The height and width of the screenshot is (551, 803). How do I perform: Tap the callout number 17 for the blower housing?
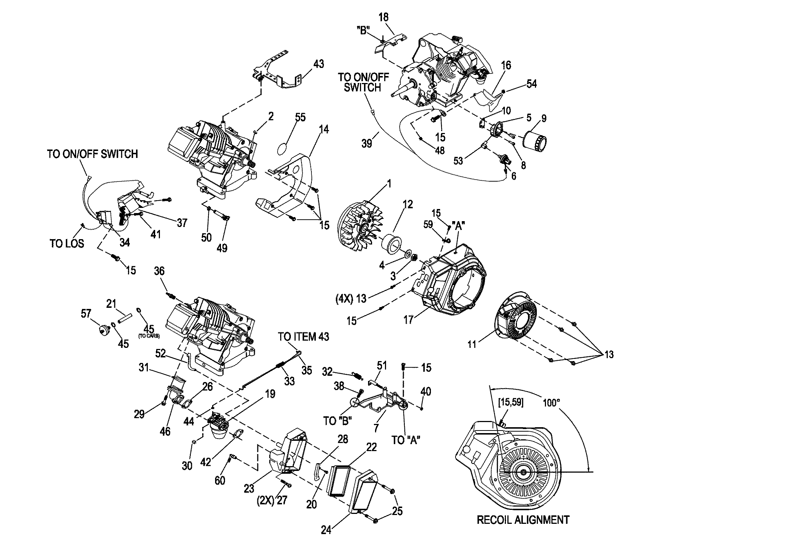pyautogui.click(x=408, y=320)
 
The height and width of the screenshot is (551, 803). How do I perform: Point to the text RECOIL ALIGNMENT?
pyautogui.click(x=523, y=520)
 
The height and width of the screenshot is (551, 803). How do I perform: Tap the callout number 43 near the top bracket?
pyautogui.click(x=318, y=64)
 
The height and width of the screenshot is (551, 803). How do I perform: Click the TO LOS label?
pyautogui.click(x=67, y=243)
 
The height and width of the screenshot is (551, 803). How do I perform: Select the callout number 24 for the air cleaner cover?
pyautogui.click(x=326, y=530)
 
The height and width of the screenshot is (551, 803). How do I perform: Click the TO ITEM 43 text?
pyautogui.click(x=303, y=336)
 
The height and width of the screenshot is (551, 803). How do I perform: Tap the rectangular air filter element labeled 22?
pyautogui.click(x=339, y=481)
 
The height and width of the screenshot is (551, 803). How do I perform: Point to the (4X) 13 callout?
pyautogui.click(x=351, y=299)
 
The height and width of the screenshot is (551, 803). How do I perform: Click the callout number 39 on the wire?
pyautogui.click(x=367, y=143)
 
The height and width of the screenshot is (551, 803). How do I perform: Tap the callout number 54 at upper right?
pyautogui.click(x=531, y=84)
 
